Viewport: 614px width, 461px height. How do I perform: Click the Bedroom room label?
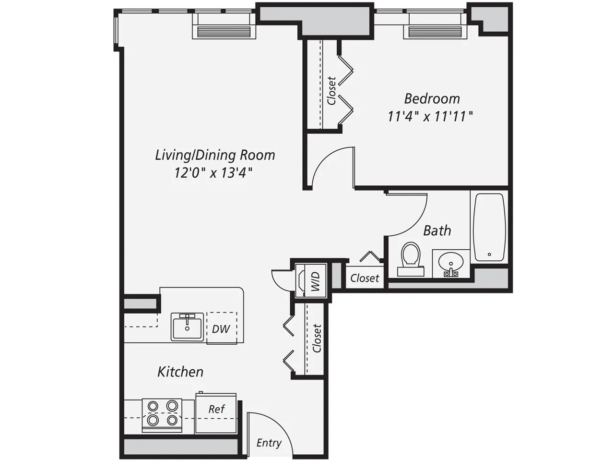pos(432,98)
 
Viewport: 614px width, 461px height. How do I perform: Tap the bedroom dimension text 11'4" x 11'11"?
pos(430,116)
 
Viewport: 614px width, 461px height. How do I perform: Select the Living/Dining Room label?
pos(215,155)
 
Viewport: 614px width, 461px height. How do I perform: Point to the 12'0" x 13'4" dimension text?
pos(213,172)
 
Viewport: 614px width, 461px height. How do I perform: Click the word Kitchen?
pos(180,372)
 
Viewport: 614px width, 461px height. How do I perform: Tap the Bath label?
pos(437,230)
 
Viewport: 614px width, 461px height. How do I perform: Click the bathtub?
pos(489,227)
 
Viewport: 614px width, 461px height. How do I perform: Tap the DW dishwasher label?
pos(221,329)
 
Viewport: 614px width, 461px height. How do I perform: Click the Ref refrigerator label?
pos(216,409)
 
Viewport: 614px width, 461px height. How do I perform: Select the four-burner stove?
pos(162,413)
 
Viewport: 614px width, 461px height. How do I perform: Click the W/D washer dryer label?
pos(316,281)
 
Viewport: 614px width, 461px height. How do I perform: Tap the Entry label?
pos(269,443)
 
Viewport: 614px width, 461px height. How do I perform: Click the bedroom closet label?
pos(331,91)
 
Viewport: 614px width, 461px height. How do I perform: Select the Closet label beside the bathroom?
pos(365,278)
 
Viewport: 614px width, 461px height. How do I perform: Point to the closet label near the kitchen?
pos(317,338)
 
